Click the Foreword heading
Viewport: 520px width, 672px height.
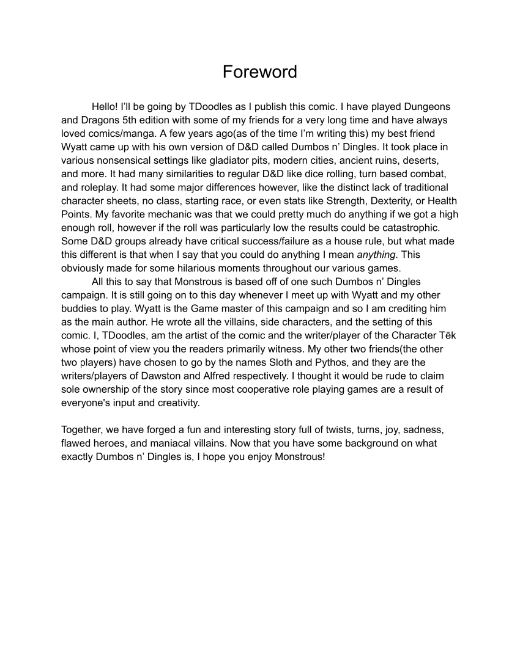[259, 72]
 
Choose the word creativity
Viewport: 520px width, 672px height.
[175, 403]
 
